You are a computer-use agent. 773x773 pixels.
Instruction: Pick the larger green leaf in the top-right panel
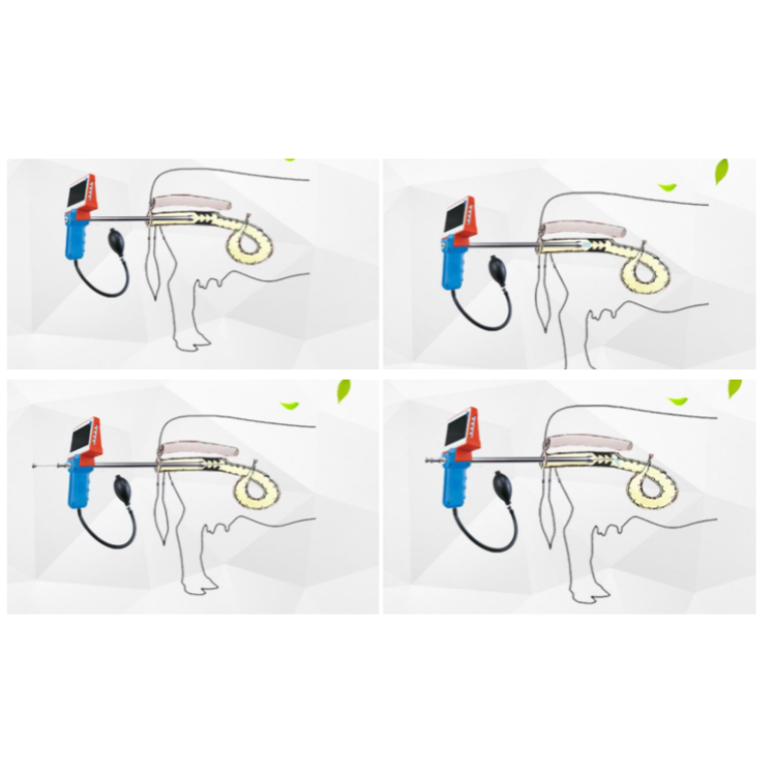pos(720,172)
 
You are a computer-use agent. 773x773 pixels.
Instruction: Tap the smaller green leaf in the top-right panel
pos(667,186)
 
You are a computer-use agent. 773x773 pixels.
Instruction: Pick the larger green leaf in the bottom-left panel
pos(343,391)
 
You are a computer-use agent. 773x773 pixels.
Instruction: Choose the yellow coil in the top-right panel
pos(644,276)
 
